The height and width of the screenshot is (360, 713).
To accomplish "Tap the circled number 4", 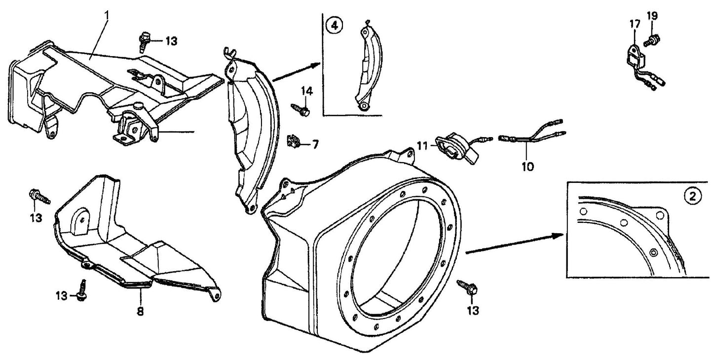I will point(335,26).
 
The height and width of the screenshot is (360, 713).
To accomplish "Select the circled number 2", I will point(692,196).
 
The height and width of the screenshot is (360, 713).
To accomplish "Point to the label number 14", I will point(306,91).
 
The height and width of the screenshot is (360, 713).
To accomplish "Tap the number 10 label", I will point(527,167).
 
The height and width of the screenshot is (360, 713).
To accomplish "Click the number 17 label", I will point(634,23).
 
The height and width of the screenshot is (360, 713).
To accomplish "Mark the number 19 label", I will point(652,16).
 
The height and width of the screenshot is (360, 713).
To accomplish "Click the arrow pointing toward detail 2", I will point(516,243).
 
